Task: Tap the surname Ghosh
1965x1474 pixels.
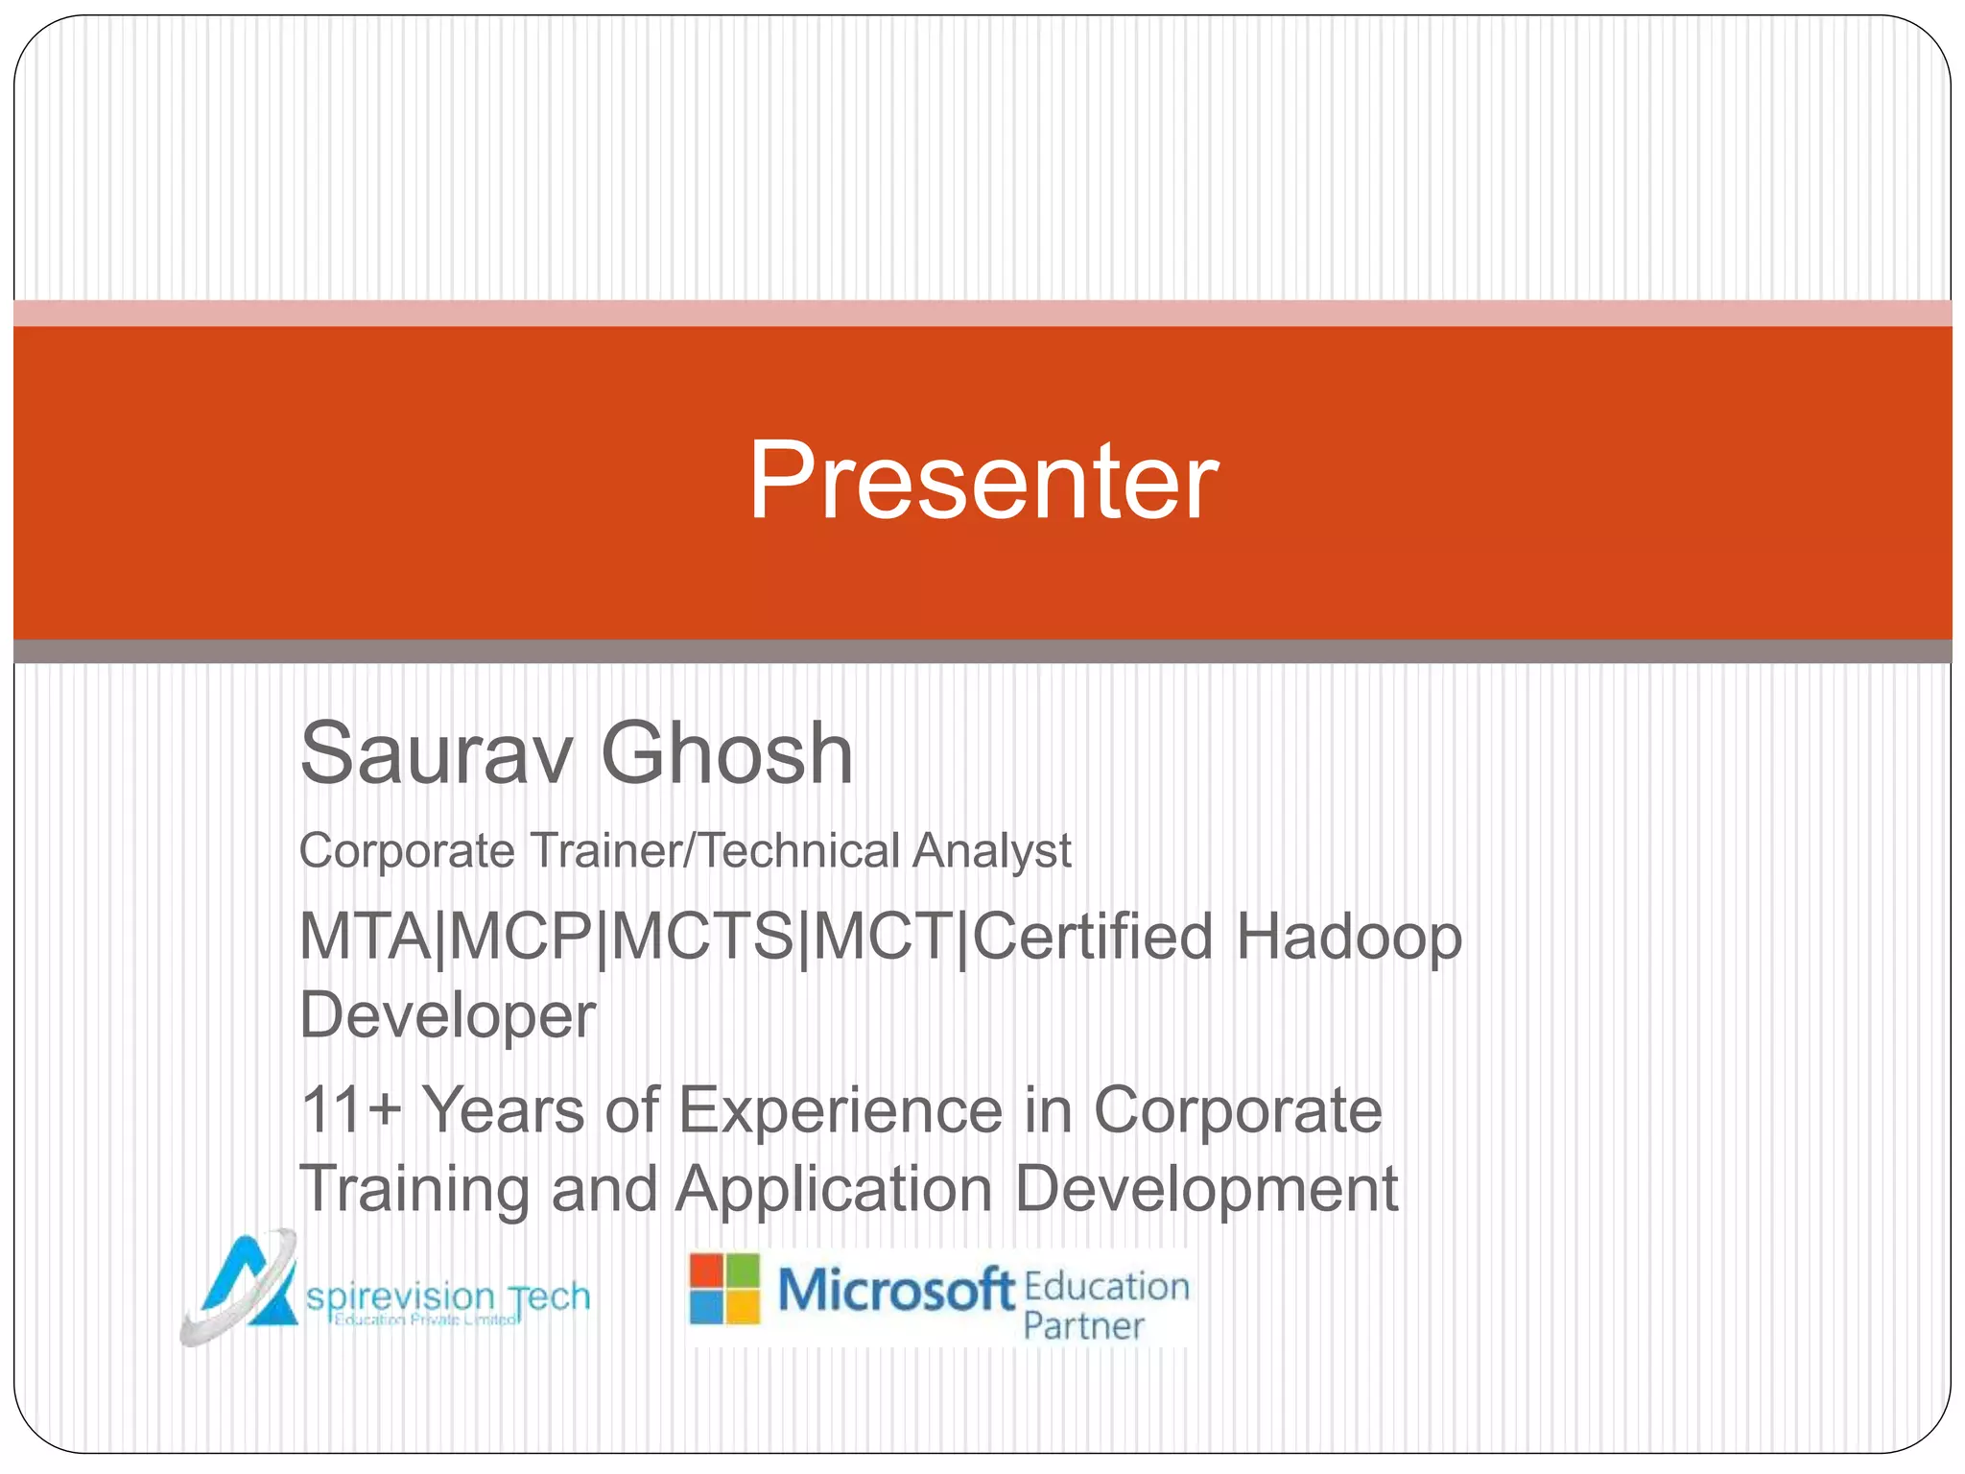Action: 726,753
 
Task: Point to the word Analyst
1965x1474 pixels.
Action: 992,852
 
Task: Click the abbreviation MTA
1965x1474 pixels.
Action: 366,937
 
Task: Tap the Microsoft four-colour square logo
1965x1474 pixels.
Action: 724,1289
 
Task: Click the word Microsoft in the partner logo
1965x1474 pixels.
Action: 895,1289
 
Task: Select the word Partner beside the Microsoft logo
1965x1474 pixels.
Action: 1083,1326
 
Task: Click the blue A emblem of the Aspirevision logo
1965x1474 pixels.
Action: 240,1286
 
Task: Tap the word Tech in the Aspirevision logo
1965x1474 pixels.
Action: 549,1297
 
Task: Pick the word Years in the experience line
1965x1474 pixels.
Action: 504,1110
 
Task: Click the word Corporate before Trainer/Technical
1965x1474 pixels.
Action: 407,850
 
